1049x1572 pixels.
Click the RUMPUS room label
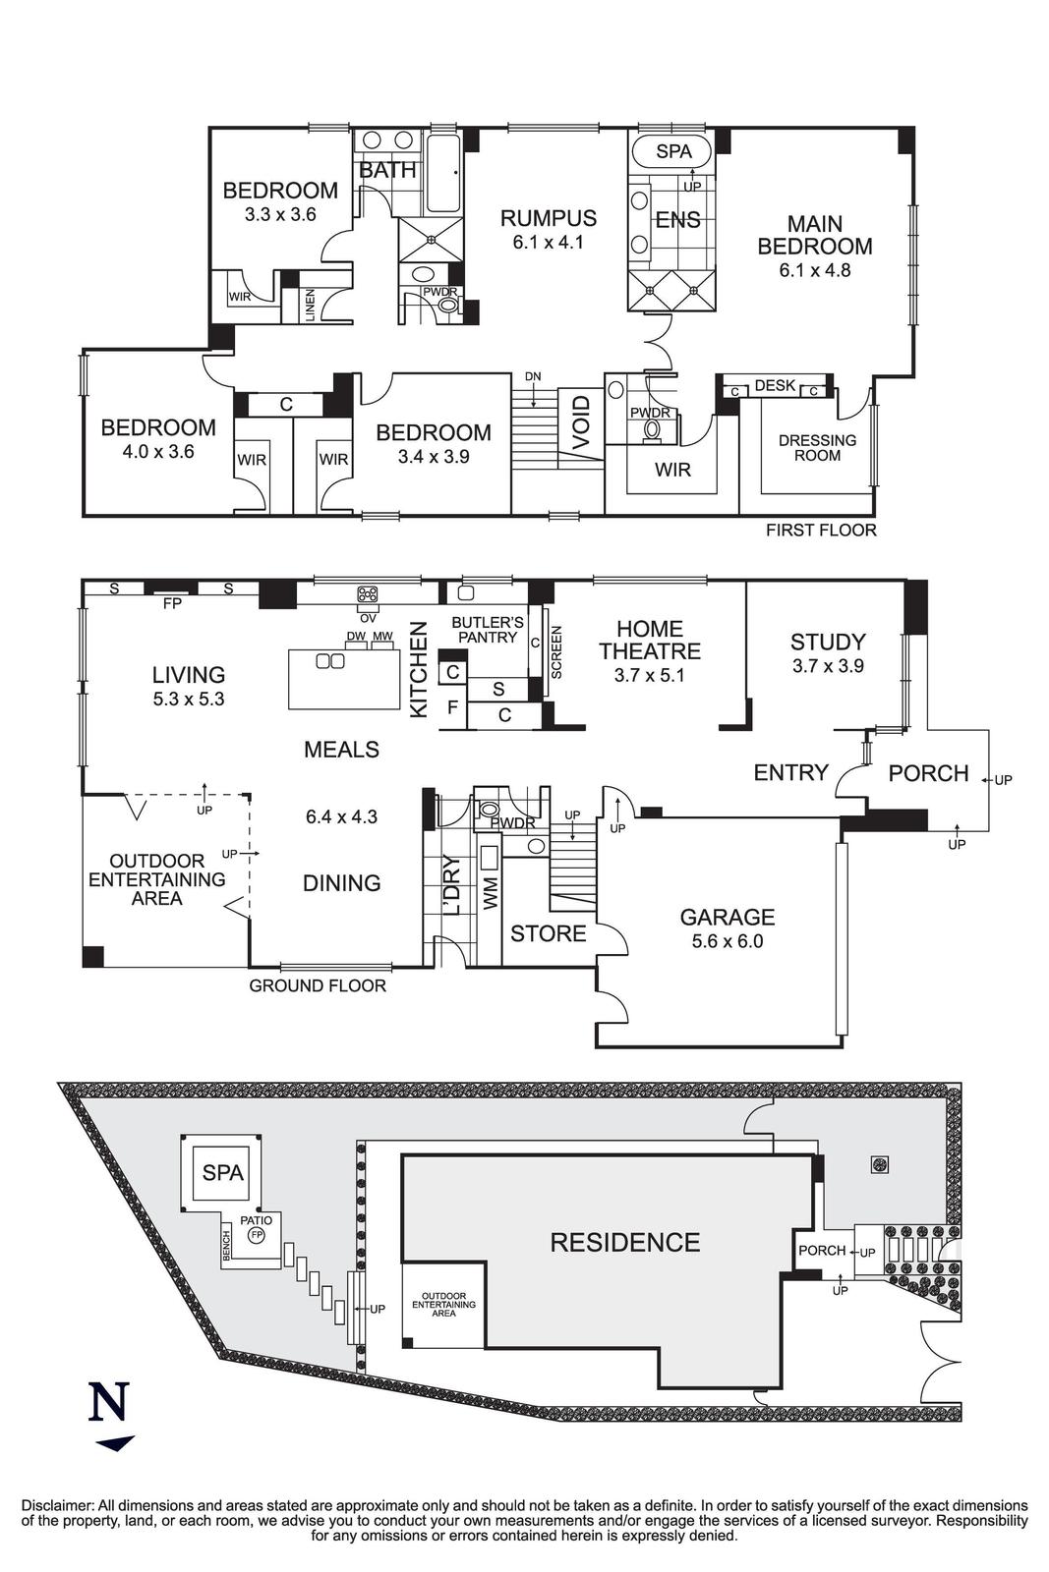click(x=548, y=218)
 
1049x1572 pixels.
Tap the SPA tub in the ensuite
click(x=673, y=151)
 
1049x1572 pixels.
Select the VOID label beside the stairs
click(x=581, y=423)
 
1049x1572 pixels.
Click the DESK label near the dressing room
click(x=775, y=386)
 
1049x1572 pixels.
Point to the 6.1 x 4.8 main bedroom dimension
click(x=814, y=270)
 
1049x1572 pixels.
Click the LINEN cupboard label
click(x=311, y=305)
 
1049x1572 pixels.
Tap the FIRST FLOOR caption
click(x=821, y=531)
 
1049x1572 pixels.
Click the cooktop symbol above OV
click(x=368, y=593)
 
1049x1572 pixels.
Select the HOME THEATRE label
click(x=650, y=640)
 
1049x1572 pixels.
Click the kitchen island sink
click(x=328, y=662)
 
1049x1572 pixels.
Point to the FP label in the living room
click(x=172, y=604)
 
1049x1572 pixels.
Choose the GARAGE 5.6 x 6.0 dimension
click(x=728, y=940)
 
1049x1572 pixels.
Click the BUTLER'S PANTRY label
click(x=487, y=630)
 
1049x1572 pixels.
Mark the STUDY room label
click(x=828, y=643)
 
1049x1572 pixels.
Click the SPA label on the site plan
click(x=222, y=1172)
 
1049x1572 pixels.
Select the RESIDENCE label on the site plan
click(x=624, y=1243)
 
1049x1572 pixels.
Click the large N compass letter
click(x=109, y=1402)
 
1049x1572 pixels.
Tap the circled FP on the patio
click(x=257, y=1234)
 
